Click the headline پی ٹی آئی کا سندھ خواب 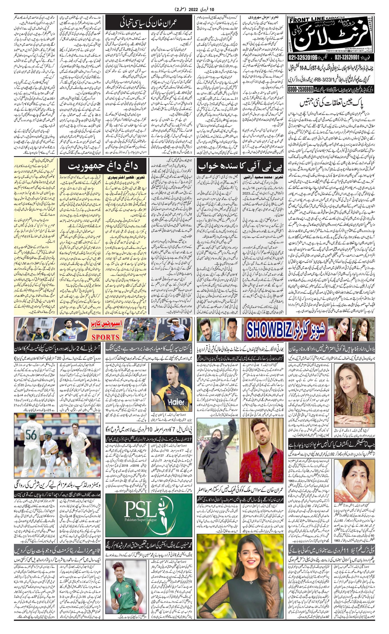(x=240, y=167)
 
